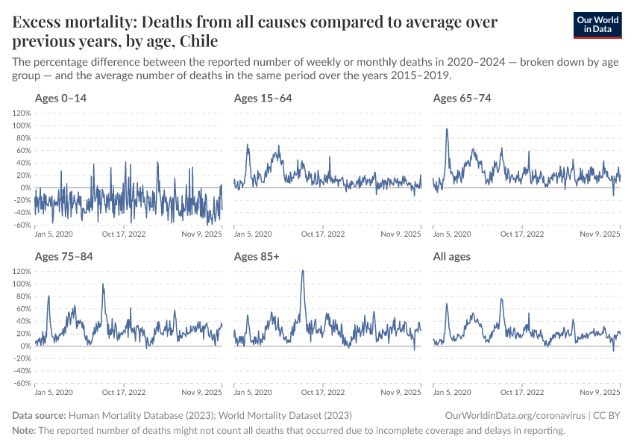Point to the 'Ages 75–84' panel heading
[63, 257]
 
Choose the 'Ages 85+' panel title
[256, 257]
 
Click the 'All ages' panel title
[451, 257]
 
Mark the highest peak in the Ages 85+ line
[302, 271]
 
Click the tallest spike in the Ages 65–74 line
[447, 129]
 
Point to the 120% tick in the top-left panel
[21, 113]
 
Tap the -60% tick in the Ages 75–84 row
[21, 383]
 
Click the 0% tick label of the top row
[24, 187]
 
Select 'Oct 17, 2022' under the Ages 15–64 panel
[323, 234]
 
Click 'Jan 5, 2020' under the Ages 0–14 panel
[54, 234]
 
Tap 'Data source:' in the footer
[39, 415]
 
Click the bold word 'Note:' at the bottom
[24, 431]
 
